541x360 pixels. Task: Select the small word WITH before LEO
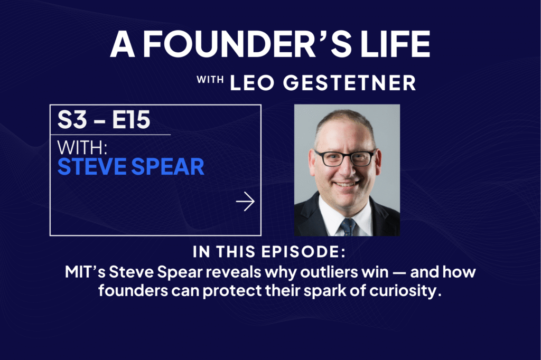(x=210, y=80)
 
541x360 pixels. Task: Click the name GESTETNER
(x=349, y=83)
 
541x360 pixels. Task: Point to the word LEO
(x=252, y=83)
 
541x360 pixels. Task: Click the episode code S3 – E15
(x=104, y=120)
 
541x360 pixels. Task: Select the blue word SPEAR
(x=167, y=167)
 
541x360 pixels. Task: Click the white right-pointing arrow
(x=245, y=202)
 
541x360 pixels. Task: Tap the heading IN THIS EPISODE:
(x=269, y=252)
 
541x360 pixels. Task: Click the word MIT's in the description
(x=85, y=272)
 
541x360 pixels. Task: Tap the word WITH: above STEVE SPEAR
(x=82, y=148)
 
